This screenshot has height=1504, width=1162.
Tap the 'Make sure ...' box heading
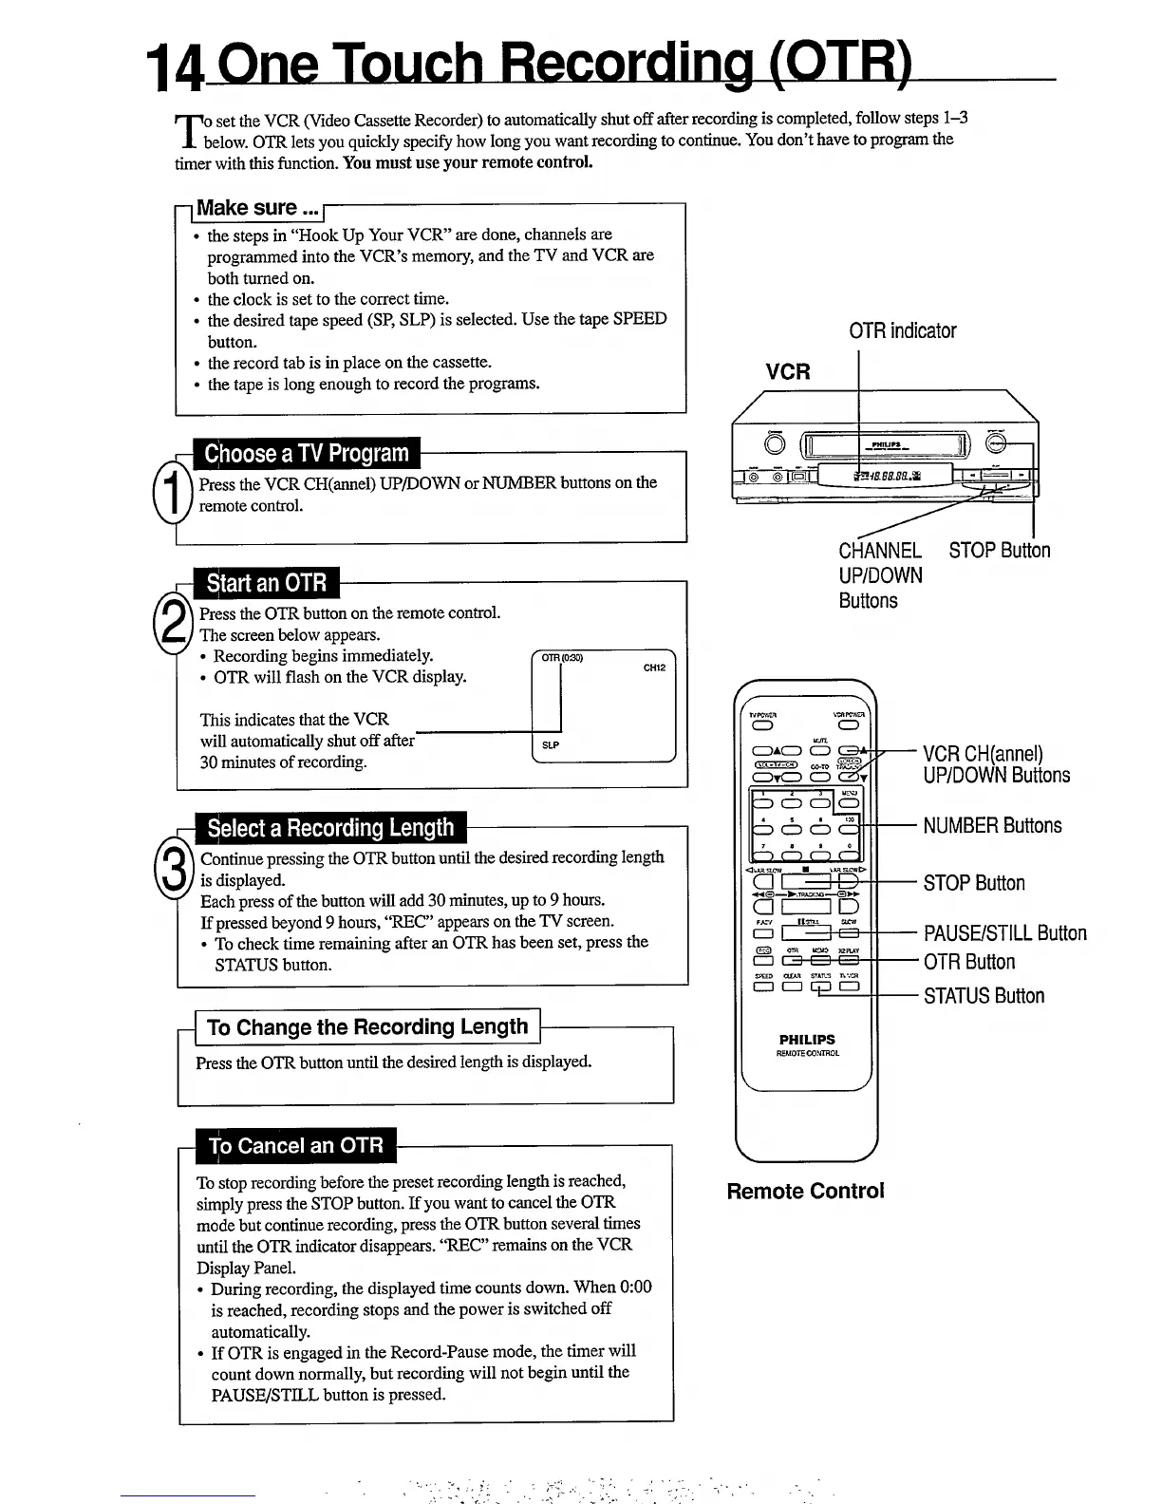[258, 208]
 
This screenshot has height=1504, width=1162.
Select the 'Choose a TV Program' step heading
[307, 453]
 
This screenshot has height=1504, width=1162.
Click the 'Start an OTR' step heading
[266, 582]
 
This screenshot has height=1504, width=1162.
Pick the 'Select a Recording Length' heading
[330, 828]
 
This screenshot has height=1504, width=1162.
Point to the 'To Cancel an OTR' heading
[295, 1145]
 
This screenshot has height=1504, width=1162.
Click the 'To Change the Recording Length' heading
[366, 1026]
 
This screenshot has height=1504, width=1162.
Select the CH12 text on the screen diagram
[654, 667]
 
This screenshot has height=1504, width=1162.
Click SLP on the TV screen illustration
[550, 745]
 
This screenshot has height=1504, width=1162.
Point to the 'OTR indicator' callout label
[902, 330]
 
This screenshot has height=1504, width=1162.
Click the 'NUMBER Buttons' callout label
[992, 825]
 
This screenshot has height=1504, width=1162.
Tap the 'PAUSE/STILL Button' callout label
[1004, 933]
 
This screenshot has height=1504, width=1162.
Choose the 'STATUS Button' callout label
[984, 996]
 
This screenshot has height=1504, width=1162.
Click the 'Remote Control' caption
[805, 1191]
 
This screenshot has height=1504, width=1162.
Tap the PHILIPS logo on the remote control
[807, 1039]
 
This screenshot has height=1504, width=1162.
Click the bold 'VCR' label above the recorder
[788, 371]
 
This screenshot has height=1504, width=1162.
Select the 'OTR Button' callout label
[968, 962]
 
